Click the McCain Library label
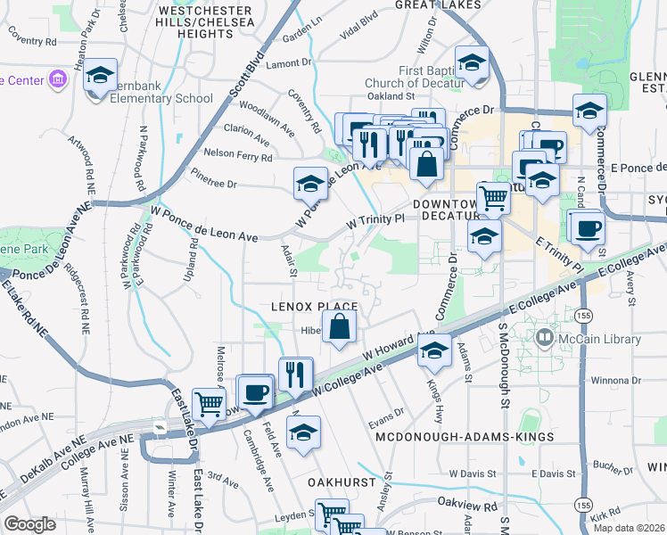coord(599,339)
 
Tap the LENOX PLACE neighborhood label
coord(315,306)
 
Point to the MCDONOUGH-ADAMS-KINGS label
coord(465,437)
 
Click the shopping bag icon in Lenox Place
coord(340,327)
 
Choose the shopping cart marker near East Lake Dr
coord(210,403)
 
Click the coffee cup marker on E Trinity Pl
coord(586,227)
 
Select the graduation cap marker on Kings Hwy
coord(434,350)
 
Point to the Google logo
coord(30,523)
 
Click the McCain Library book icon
coord(543,338)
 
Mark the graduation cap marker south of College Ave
coord(304,432)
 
